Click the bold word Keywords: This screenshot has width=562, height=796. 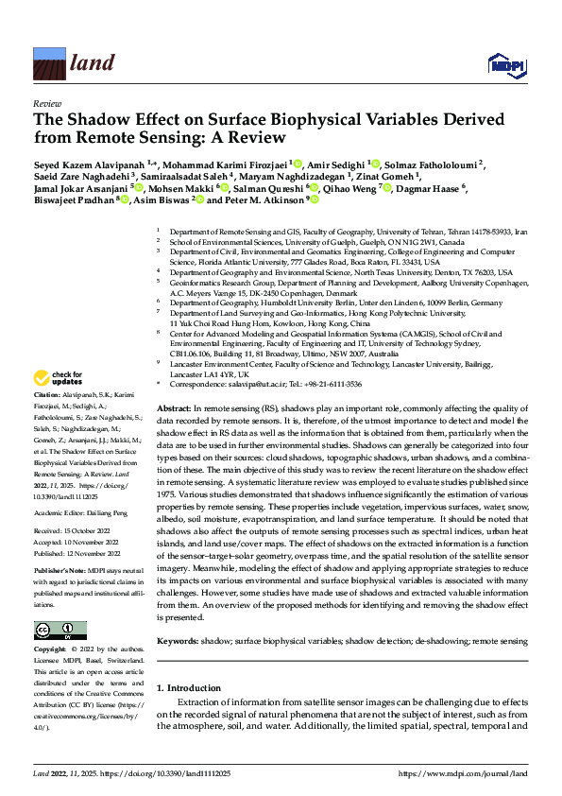[179, 641]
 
